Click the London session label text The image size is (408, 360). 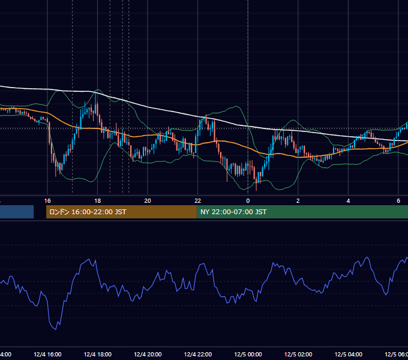click(x=88, y=212)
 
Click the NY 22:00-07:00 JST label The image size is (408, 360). click(x=233, y=212)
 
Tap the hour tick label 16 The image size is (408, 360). click(x=47, y=201)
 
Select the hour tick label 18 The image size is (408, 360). click(x=98, y=201)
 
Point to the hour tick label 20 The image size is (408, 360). click(x=148, y=201)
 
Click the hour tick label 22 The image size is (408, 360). click(x=198, y=201)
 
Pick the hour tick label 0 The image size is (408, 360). click(x=248, y=201)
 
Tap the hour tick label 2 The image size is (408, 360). click(x=298, y=201)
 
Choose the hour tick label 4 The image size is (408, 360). click(x=348, y=201)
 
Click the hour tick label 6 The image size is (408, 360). click(x=398, y=201)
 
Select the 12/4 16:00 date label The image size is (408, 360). click(x=47, y=355)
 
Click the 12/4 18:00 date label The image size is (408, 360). click(x=98, y=355)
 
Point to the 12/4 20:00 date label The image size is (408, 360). click(x=148, y=355)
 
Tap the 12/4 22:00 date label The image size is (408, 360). click(x=198, y=355)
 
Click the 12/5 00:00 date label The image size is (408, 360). click(x=248, y=355)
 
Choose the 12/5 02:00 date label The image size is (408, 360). click(x=298, y=355)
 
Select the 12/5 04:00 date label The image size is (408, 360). click(x=349, y=355)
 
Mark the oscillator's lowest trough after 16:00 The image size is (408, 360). click(x=55, y=329)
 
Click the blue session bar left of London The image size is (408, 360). click(x=17, y=212)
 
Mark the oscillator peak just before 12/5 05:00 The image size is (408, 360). click(x=367, y=257)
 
